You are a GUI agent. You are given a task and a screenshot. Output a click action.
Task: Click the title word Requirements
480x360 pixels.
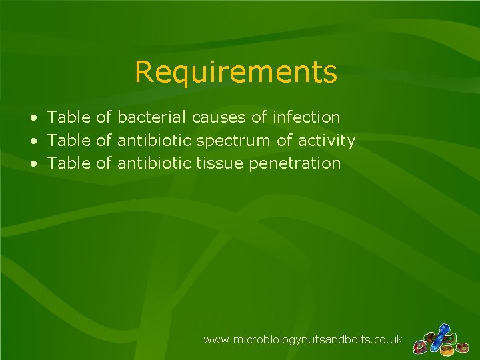(235, 72)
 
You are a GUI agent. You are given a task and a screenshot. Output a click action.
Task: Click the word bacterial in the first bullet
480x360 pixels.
(152, 117)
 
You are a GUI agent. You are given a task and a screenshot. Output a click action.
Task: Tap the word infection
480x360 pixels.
(306, 117)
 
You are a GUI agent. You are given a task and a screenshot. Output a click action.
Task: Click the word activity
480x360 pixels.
(326, 141)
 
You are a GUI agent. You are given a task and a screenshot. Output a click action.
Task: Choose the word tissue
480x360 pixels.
(220, 163)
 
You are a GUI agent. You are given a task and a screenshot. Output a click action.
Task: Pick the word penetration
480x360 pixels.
(295, 163)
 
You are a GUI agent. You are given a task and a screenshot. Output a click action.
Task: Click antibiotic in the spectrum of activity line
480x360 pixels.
(155, 141)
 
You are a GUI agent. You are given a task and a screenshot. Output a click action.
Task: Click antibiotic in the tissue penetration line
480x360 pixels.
(155, 163)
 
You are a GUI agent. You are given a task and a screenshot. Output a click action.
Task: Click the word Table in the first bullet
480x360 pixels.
(69, 117)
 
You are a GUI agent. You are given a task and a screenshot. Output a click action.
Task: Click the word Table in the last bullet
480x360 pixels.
(69, 163)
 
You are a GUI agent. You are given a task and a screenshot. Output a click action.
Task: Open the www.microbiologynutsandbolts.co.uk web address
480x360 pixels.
(303, 340)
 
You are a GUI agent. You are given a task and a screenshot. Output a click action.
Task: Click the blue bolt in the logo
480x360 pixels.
(441, 331)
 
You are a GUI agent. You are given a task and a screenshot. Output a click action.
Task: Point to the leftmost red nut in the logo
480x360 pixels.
(419, 348)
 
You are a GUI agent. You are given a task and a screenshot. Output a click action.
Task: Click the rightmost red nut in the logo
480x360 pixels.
(461, 347)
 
